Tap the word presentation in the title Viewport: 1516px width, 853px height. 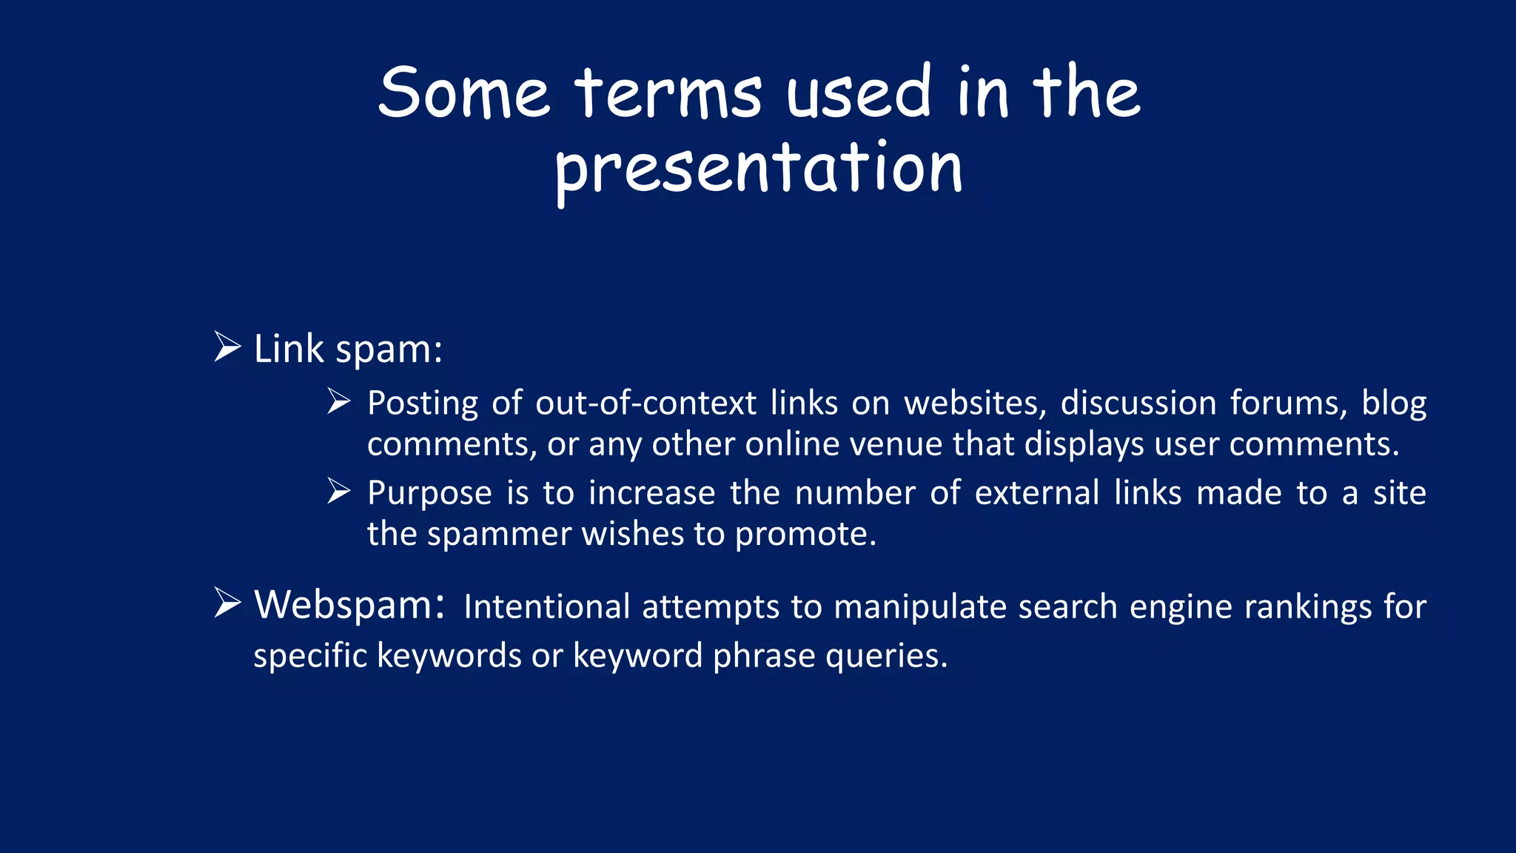point(759,168)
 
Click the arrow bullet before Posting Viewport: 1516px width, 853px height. point(339,401)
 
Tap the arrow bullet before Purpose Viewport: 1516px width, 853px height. point(339,491)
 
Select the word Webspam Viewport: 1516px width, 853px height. point(349,605)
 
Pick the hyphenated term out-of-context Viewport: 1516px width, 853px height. point(645,403)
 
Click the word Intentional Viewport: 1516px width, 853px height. point(546,607)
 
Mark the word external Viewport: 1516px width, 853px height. point(1036,493)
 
